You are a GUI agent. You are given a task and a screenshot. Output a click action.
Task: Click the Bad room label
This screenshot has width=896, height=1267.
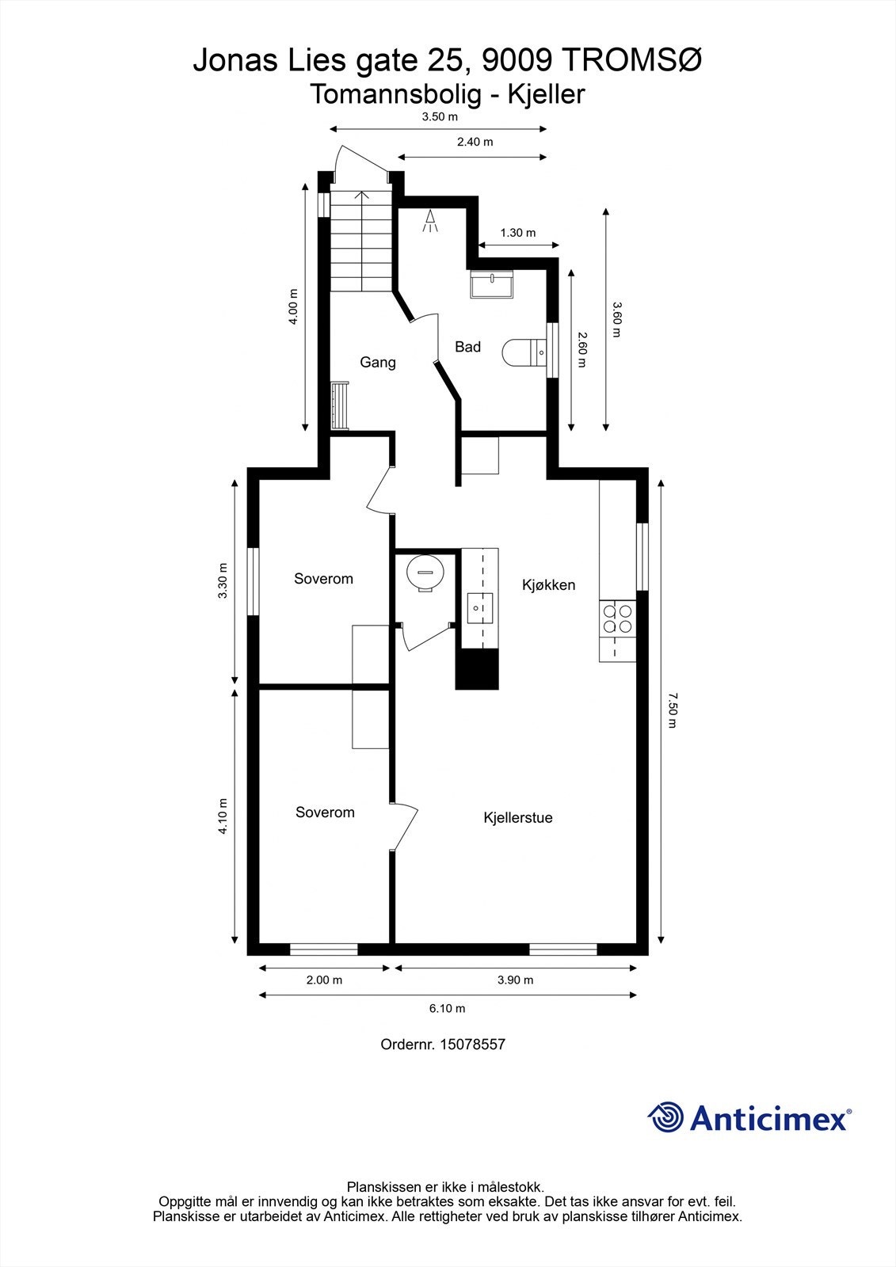click(467, 347)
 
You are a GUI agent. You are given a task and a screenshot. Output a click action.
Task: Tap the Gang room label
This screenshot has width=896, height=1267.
click(378, 363)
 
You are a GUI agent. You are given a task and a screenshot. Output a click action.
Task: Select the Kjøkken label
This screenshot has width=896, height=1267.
click(548, 585)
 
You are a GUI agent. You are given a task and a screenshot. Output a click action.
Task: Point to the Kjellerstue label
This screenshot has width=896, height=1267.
click(518, 818)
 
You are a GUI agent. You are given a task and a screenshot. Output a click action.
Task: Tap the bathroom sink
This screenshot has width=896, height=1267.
click(492, 283)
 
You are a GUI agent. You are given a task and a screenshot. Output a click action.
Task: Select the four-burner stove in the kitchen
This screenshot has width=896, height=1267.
click(618, 618)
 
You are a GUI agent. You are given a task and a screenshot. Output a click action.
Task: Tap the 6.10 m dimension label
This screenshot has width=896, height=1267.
click(448, 1008)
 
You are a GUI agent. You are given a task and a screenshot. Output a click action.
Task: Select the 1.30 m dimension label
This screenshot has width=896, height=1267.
click(518, 233)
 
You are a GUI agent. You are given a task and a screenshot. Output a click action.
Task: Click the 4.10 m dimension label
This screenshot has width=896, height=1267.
click(223, 816)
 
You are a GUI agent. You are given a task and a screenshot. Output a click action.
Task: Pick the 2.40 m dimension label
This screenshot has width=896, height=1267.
click(475, 142)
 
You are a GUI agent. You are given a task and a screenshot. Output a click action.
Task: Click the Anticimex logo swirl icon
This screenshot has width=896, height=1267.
click(665, 1117)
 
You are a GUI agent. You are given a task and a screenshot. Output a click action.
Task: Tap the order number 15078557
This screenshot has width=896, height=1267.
click(472, 1044)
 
